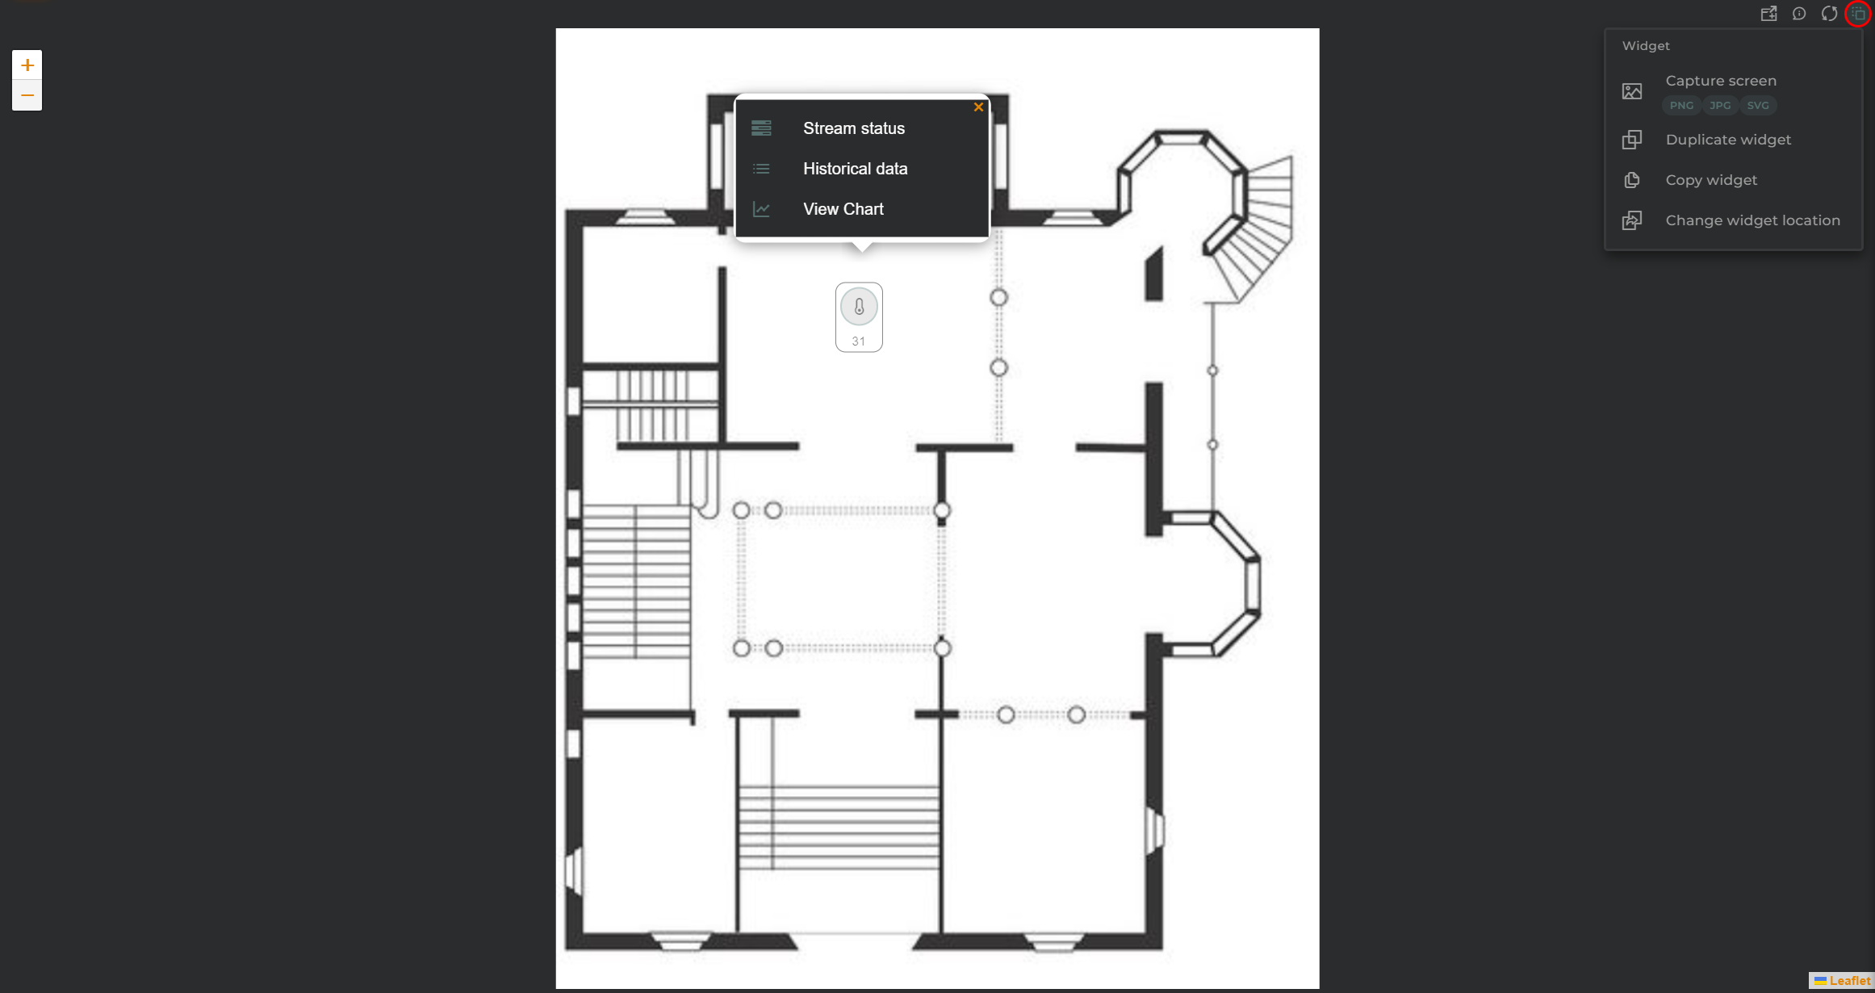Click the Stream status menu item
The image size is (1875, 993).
coord(853,128)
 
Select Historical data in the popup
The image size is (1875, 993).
coord(855,169)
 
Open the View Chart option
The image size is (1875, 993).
coord(843,209)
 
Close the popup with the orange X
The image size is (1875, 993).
coord(978,107)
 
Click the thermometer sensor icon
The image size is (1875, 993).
coord(859,307)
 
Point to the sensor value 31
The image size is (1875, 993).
coord(858,341)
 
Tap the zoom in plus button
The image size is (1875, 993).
coord(27,65)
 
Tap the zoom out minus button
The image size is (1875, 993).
coord(27,95)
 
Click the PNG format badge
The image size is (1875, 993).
coord(1681,105)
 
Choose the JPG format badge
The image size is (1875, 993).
coord(1720,105)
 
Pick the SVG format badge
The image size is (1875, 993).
coord(1758,105)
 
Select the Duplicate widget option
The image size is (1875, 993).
coord(1728,140)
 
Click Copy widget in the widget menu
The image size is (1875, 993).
coord(1711,180)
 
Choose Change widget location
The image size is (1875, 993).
coord(1753,220)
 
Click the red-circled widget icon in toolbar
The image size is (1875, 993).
coord(1857,14)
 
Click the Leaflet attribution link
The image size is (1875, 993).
coord(1843,981)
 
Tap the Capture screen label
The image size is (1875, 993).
coord(1721,81)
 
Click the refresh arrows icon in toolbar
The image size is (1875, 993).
coord(1829,14)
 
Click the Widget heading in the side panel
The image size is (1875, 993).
coord(1646,46)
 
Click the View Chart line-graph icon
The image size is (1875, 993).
coord(761,209)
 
